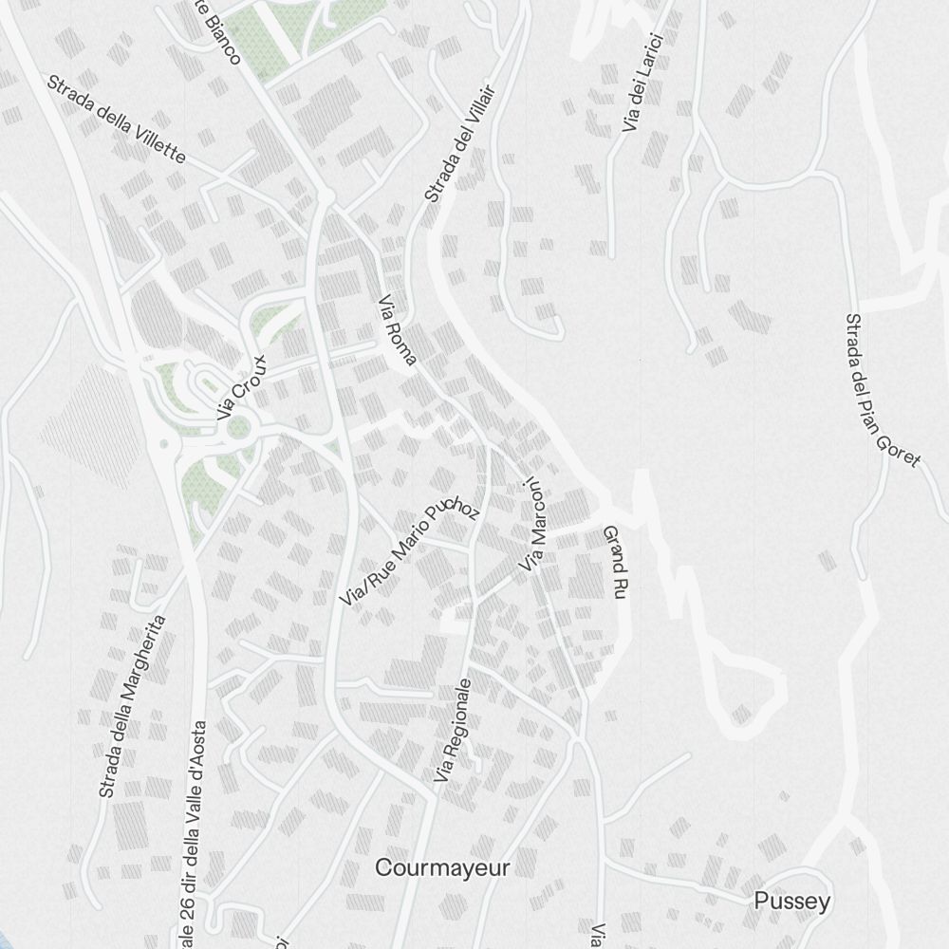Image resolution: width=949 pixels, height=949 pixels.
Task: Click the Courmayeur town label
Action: [x=442, y=867]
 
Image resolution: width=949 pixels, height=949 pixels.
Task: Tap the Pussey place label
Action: [x=791, y=902]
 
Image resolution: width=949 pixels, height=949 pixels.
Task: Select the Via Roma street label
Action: [x=397, y=335]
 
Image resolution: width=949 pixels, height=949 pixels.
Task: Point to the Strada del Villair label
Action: [x=460, y=140]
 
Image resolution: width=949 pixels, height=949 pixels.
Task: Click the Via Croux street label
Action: [x=243, y=388]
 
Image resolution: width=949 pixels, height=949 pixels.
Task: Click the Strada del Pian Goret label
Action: [x=883, y=390]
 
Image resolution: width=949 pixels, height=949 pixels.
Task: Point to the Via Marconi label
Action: [x=533, y=526]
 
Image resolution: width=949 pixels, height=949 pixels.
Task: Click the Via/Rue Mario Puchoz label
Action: [x=411, y=554]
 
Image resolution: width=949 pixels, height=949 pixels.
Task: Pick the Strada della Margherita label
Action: [x=132, y=706]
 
